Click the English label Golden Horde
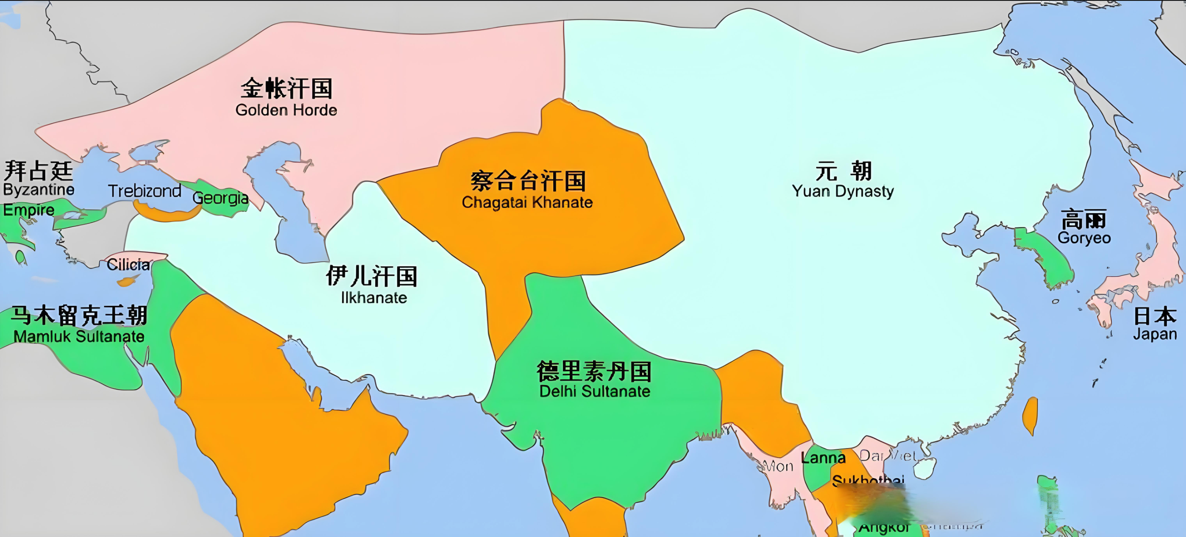click(286, 111)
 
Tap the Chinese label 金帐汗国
click(286, 89)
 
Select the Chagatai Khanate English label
click(527, 202)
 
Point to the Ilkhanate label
click(374, 298)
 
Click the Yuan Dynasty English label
click(843, 191)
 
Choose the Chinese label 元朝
click(843, 171)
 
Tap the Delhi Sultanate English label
click(594, 392)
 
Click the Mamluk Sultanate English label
click(79, 336)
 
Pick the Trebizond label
click(144, 191)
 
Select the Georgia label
click(221, 198)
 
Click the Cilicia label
click(128, 265)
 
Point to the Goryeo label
click(1084, 238)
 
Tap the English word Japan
click(1155, 334)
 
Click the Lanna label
click(823, 458)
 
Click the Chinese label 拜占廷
click(39, 171)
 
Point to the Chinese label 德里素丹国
click(594, 371)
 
